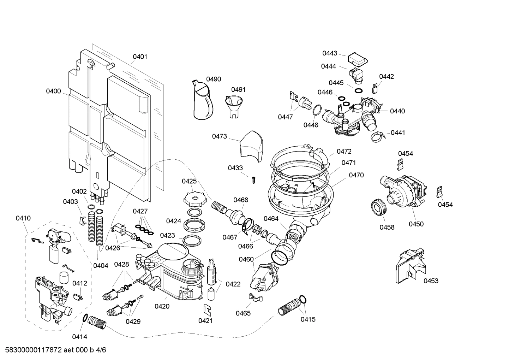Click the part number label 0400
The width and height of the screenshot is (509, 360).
pos(53,91)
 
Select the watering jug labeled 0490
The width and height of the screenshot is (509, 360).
pos(203,101)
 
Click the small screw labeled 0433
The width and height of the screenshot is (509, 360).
pos(253,180)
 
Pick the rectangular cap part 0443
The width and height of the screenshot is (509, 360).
pos(358,59)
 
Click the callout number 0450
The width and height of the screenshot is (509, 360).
pos(416,224)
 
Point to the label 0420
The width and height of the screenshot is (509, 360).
pos(162,307)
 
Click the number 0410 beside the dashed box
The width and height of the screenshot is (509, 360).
pos(23,218)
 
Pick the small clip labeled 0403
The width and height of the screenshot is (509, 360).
pos(82,220)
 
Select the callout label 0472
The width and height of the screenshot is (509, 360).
pos(344,151)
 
